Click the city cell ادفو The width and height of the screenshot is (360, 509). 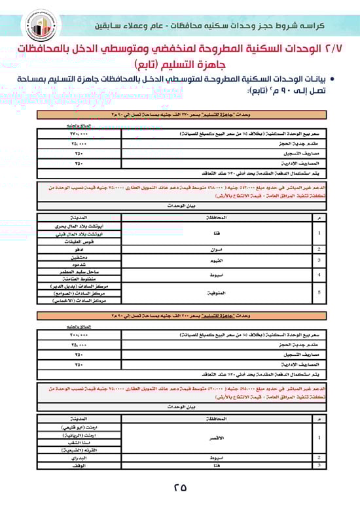tap(79, 249)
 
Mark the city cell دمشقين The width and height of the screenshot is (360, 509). tap(79, 257)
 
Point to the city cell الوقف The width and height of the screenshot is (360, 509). tap(79, 466)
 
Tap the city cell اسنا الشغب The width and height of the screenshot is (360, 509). tap(79, 443)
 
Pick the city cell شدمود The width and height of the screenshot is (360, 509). tap(79, 265)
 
